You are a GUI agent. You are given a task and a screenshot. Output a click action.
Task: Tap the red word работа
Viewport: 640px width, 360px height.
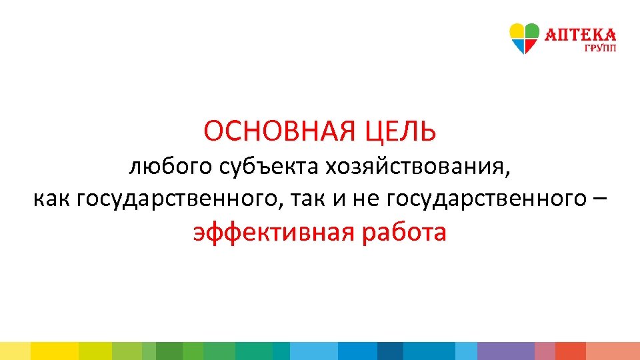pyautogui.click(x=404, y=233)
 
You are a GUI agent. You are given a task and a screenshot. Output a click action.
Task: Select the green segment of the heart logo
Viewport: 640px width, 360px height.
pyautogui.click(x=532, y=31)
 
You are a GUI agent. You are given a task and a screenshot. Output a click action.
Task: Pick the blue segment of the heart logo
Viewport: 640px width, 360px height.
pyautogui.click(x=518, y=45)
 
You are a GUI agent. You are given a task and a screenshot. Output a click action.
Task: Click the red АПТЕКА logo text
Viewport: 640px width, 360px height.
pyautogui.click(x=581, y=35)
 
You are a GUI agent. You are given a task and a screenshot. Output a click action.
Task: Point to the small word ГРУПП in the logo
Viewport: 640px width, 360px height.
pyautogui.click(x=601, y=48)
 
